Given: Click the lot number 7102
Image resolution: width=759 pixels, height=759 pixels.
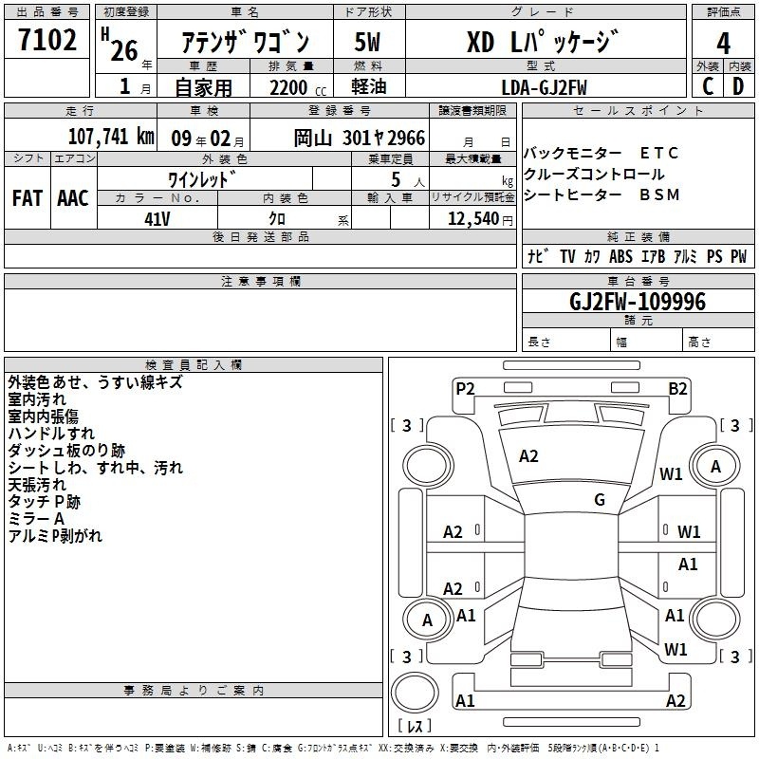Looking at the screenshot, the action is [47, 40].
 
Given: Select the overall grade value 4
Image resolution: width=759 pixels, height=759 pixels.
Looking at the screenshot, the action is [723, 44].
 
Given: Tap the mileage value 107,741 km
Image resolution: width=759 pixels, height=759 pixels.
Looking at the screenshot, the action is [111, 137].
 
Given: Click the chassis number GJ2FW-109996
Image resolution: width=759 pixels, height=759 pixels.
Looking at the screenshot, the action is [638, 302].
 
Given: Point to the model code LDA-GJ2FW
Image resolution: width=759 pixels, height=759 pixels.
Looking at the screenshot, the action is [544, 87].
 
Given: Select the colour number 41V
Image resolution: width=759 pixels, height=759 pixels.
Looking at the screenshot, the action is [157, 219].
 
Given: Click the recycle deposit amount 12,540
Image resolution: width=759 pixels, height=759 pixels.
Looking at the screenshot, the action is [473, 219].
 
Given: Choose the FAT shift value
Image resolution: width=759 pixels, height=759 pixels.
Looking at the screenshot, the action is [28, 198].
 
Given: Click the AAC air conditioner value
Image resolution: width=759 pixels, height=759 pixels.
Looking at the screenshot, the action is [73, 198].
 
